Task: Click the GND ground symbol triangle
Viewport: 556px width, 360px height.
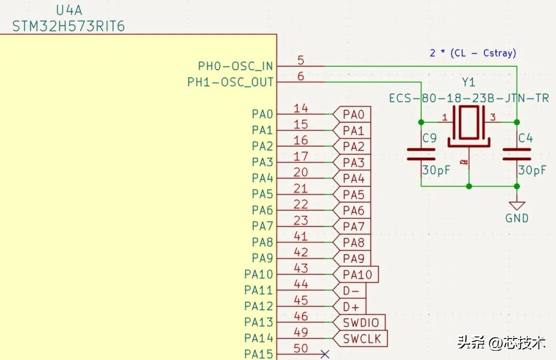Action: click(517, 206)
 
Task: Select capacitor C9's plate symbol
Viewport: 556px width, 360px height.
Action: click(421, 155)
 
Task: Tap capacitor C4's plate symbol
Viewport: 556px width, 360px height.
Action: click(517, 155)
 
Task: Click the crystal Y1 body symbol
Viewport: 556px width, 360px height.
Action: click(469, 126)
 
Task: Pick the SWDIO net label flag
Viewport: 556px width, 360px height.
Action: click(359, 322)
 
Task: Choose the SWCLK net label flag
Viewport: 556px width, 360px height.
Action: click(360, 339)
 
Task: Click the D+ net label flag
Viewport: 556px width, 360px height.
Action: click(349, 306)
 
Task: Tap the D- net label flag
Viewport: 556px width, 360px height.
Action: click(349, 290)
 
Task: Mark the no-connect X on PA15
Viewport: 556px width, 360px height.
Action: click(325, 354)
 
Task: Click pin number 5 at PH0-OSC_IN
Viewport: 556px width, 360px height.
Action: click(301, 60)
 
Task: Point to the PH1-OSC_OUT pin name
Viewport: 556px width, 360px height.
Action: click(230, 82)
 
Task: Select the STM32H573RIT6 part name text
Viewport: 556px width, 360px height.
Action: click(68, 26)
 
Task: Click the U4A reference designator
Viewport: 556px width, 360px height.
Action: click(69, 10)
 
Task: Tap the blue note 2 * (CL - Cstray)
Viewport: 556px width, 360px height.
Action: click(473, 53)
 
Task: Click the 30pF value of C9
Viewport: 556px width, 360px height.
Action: click(436, 170)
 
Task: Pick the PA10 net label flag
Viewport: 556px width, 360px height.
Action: click(356, 275)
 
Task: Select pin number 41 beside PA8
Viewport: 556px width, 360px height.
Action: click(301, 236)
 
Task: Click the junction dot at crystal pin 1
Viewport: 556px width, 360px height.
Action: click(421, 122)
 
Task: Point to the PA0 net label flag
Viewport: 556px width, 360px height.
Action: click(352, 114)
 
